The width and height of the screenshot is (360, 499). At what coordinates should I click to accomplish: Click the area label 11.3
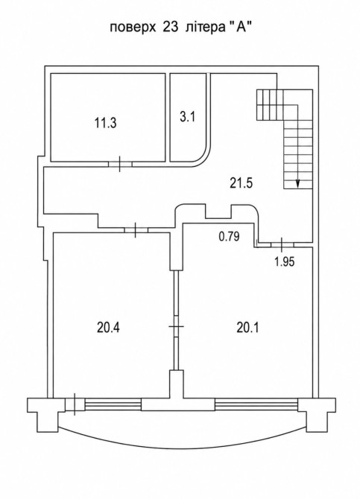(105, 123)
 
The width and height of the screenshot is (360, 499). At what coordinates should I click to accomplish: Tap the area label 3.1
(187, 117)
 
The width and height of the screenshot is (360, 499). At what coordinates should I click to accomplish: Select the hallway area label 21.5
(241, 182)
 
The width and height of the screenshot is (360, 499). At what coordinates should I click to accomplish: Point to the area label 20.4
(108, 327)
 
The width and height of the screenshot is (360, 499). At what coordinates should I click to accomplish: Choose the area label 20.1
(247, 327)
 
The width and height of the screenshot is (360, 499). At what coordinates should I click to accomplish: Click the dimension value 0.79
(229, 236)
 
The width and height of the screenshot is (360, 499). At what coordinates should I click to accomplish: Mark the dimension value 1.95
(285, 261)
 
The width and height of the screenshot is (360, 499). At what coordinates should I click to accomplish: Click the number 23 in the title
(170, 28)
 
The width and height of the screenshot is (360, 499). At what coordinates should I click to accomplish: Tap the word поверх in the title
(133, 28)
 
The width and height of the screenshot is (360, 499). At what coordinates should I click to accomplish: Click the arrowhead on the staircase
(298, 183)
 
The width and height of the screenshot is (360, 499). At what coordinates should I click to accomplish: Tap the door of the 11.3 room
(120, 164)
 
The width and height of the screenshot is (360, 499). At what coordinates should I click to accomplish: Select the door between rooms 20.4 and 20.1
(176, 326)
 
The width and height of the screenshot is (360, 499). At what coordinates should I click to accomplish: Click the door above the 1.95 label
(282, 244)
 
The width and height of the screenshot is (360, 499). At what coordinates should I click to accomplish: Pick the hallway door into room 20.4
(136, 230)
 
